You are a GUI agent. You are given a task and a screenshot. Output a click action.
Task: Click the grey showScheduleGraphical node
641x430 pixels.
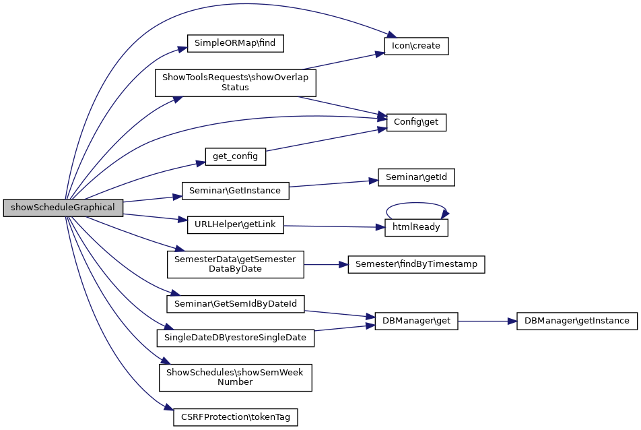[x=63, y=208]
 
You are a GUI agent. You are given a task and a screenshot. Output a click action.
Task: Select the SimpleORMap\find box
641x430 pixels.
[x=236, y=43]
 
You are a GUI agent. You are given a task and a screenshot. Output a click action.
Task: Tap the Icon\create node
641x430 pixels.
[x=416, y=46]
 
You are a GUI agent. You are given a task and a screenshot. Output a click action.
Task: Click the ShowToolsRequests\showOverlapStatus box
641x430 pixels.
[x=236, y=82]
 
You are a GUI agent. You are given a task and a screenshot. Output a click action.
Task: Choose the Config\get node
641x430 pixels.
[x=416, y=122]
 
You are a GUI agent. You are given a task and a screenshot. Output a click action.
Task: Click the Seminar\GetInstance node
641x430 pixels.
[x=236, y=191]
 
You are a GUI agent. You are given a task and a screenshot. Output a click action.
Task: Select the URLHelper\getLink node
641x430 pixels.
[x=235, y=224]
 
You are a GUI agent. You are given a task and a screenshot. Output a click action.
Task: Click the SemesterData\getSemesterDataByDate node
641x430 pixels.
[x=236, y=264]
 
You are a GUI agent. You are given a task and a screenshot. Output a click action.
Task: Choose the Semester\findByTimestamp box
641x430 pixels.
[x=416, y=264]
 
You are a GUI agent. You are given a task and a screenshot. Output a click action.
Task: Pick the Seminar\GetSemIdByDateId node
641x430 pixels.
[x=236, y=304]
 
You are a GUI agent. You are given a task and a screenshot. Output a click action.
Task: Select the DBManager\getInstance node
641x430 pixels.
[x=576, y=321]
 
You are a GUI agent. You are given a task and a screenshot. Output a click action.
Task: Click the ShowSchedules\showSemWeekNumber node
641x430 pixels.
[x=236, y=377]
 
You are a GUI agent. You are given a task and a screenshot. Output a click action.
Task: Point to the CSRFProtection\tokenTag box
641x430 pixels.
[x=236, y=417]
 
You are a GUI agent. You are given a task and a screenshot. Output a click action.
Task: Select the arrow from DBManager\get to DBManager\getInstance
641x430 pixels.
[x=487, y=321]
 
